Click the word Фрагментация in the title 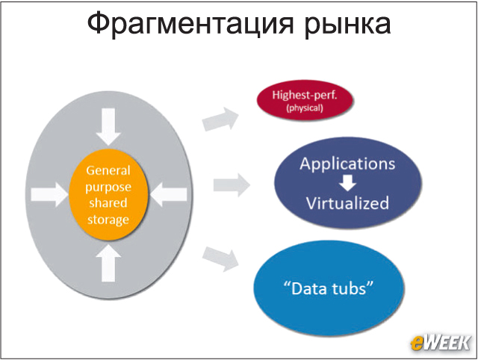190,24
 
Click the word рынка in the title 347,25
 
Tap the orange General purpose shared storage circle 108,195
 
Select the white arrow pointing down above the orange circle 108,126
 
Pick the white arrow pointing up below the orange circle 108,264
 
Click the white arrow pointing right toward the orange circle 50,194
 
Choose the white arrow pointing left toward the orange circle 168,194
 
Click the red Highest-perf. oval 305,100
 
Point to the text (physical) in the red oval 305,108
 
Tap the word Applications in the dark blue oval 347,164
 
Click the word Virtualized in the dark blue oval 347,203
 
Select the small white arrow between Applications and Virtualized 347,182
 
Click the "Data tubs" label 329,288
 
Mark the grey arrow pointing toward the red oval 220,119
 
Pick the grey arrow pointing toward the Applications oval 232,185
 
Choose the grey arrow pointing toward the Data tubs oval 220,259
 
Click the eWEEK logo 441,344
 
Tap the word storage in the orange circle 108,220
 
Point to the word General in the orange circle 108,170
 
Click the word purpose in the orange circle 108,187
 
